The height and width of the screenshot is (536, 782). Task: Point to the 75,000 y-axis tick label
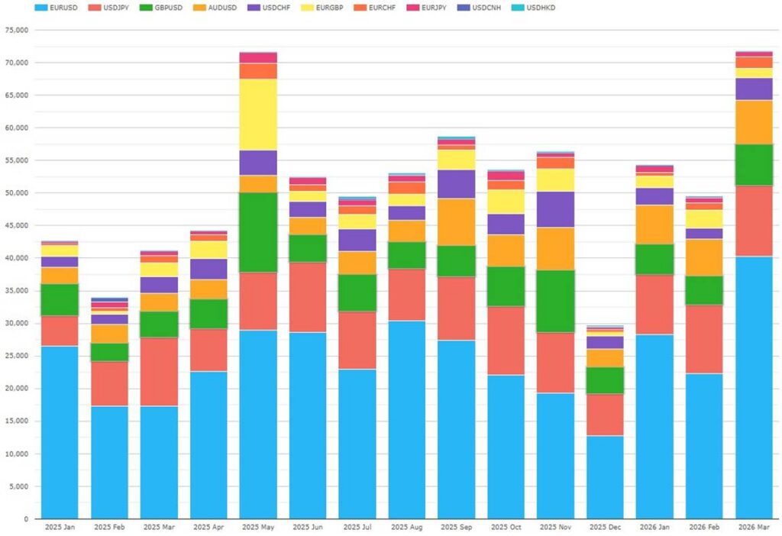tap(16, 31)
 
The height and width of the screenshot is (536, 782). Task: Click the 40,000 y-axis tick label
tap(16, 259)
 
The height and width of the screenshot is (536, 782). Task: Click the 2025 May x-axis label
tap(258, 528)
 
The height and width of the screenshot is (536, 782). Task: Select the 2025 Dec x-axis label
tap(605, 528)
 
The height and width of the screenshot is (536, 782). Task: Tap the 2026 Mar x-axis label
tap(754, 528)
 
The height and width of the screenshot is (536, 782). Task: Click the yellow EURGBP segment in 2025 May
tap(258, 115)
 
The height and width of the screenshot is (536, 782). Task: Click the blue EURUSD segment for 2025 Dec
tap(605, 477)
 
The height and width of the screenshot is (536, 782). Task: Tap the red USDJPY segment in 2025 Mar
tap(159, 372)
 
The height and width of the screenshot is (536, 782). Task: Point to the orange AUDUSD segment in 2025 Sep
tap(456, 221)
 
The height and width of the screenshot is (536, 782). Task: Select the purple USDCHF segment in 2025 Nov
tap(555, 209)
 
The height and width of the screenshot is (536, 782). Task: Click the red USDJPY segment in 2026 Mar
tap(754, 221)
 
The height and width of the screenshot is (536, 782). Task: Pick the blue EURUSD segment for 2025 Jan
tap(60, 432)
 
